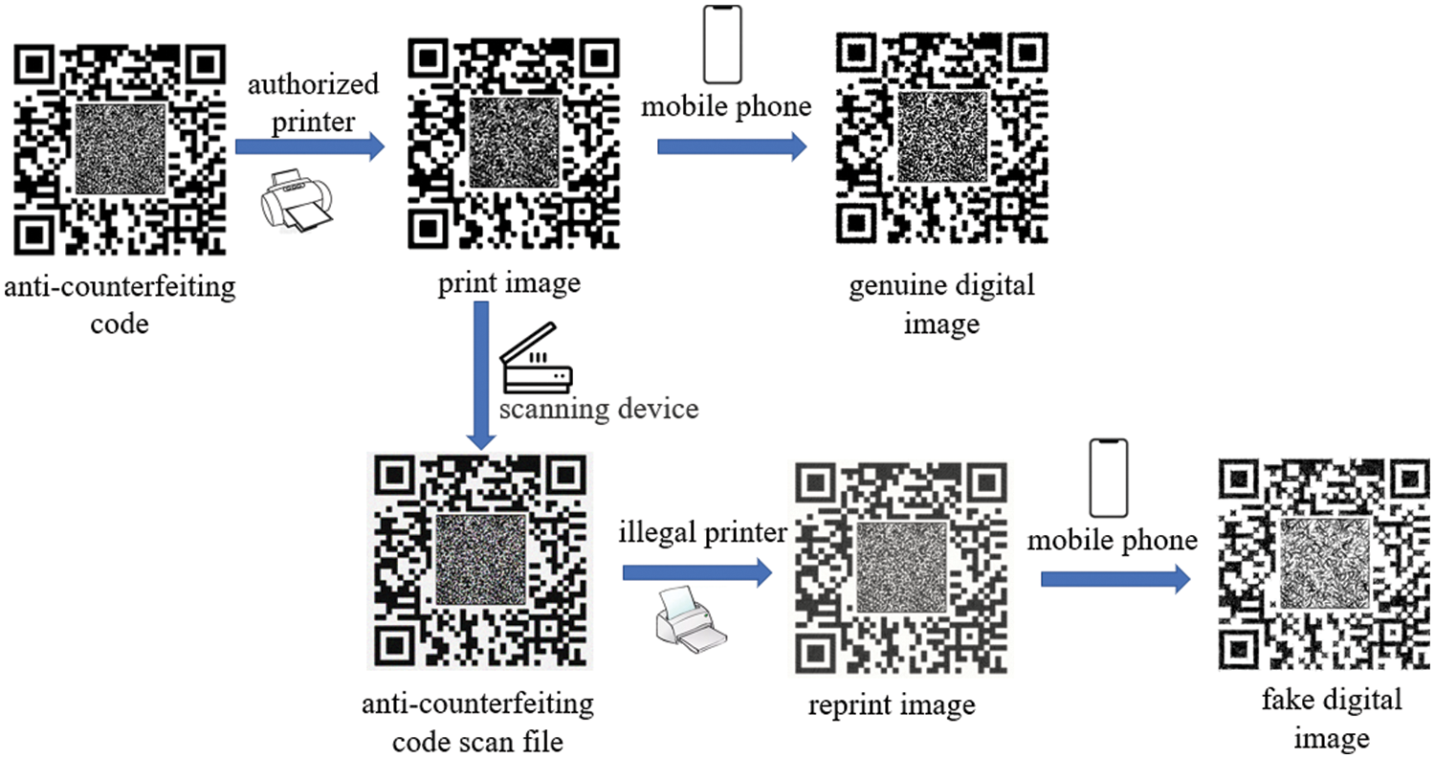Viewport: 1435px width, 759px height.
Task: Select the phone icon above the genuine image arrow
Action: (722, 46)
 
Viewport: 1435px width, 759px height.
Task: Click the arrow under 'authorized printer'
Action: (309, 146)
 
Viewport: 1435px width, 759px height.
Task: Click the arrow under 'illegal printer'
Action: (696, 572)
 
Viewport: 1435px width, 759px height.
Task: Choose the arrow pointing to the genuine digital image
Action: (731, 146)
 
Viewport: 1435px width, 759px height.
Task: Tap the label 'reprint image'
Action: (891, 707)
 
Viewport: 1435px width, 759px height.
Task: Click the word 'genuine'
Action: (887, 286)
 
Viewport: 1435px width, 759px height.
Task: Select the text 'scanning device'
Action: (597, 409)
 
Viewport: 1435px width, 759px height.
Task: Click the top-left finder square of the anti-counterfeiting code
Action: (38, 65)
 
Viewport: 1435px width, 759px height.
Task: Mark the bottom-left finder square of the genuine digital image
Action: (858, 228)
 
